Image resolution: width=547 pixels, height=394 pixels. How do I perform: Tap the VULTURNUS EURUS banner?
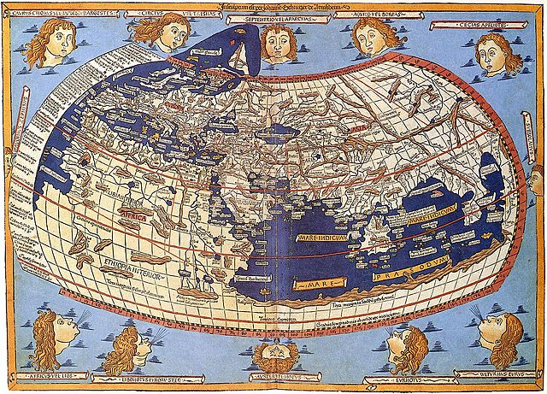click(495, 374)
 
